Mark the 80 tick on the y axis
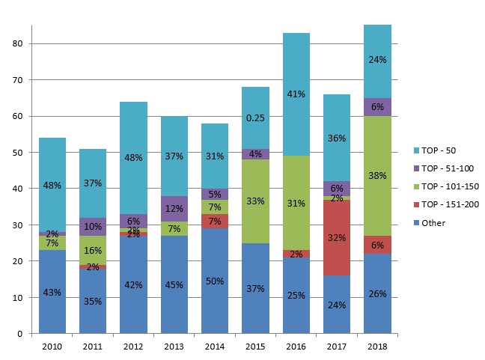(21, 43)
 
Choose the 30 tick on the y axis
(21, 225)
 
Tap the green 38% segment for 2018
(377, 176)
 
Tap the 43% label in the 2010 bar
(52, 293)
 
